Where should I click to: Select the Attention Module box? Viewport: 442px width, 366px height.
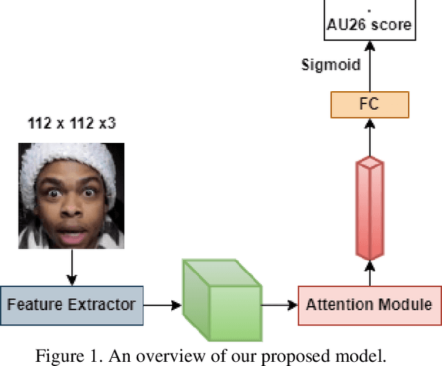[x=369, y=304]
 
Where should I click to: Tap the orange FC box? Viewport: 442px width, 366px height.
[x=369, y=105]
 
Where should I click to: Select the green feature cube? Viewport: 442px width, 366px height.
[x=220, y=293]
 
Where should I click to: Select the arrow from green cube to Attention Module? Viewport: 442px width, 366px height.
[x=279, y=304]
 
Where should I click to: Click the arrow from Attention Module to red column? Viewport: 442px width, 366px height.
[x=369, y=272]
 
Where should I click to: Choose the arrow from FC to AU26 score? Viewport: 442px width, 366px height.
[x=369, y=66]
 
